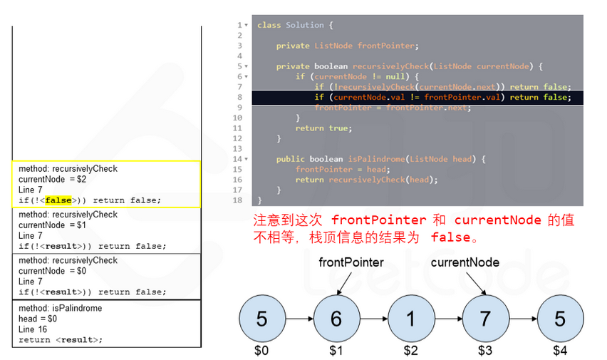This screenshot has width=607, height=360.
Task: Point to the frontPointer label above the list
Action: coord(351,262)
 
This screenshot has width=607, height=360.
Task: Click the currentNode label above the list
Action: coord(465,262)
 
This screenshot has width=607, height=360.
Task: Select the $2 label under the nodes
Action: coord(411,351)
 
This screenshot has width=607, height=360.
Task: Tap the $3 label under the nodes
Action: coord(486,351)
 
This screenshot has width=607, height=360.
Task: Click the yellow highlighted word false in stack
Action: coord(58,200)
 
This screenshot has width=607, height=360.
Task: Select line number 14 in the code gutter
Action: coord(238,159)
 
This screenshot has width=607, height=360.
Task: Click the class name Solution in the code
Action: coord(304,25)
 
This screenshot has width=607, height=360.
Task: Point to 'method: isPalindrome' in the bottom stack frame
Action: coord(60,308)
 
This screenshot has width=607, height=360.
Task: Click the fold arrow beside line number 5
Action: coord(247,66)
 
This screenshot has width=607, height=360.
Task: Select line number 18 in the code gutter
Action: coord(238,200)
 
